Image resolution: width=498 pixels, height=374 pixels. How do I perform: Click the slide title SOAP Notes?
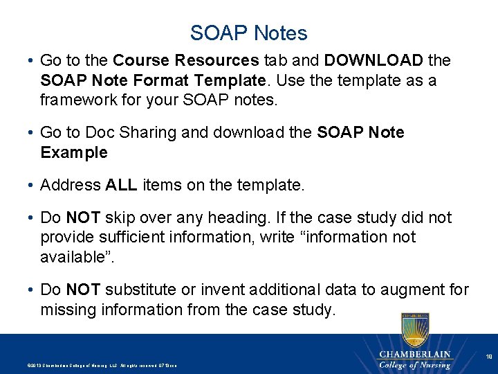tap(249, 33)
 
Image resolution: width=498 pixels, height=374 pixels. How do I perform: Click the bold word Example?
tap(74, 152)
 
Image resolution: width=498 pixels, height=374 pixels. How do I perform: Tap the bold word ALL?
tap(122, 185)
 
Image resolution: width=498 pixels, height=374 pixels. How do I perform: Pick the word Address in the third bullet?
tap(71, 185)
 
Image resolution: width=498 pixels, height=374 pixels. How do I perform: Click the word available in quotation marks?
tap(75, 256)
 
